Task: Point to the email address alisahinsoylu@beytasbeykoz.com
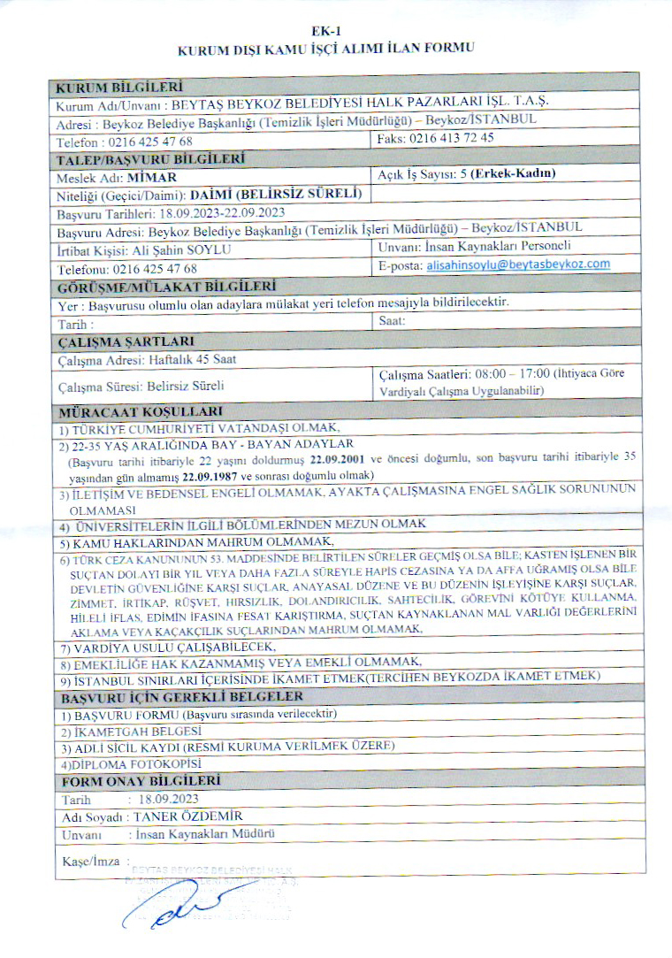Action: pos(518,264)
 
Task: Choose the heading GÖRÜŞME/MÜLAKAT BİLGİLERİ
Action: pos(165,286)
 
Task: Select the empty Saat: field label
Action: pos(391,322)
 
